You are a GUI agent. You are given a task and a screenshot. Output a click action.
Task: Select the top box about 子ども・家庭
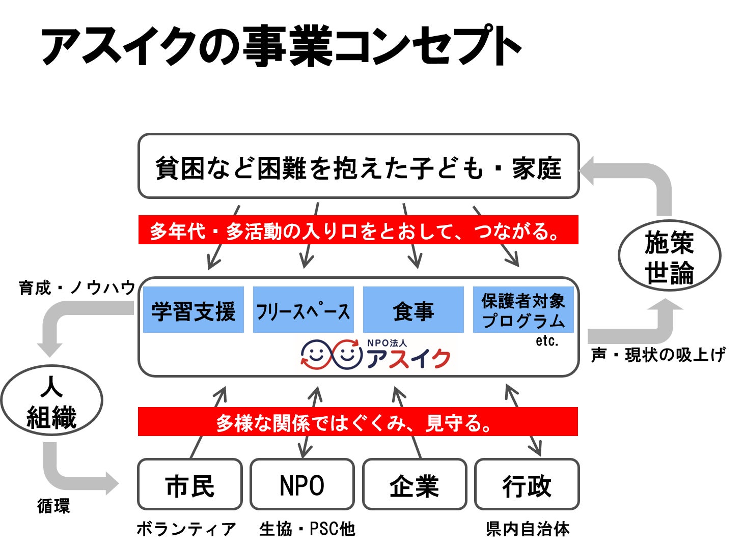tap(358, 166)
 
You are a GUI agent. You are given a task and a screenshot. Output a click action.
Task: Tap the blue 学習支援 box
tap(194, 310)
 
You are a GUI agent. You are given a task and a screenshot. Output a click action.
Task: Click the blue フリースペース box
tap(303, 310)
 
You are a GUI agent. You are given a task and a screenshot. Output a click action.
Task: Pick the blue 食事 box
tap(413, 310)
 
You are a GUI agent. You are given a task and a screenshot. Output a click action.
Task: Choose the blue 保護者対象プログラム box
tap(523, 310)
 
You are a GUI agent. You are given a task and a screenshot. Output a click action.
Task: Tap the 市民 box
tap(189, 484)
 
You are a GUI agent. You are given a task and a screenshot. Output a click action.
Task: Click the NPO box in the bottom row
tap(302, 484)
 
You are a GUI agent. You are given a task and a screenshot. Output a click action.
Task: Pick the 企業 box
tap(414, 484)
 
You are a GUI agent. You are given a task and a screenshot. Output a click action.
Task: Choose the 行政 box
tap(527, 484)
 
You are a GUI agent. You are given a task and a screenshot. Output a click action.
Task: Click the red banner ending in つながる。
tap(358, 230)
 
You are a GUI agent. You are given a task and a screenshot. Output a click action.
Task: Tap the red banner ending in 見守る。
tap(357, 422)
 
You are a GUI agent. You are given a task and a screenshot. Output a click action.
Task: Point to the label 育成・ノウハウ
tap(77, 288)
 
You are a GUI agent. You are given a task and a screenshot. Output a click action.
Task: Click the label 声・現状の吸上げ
tap(658, 355)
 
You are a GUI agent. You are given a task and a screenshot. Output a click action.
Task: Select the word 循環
tap(53, 506)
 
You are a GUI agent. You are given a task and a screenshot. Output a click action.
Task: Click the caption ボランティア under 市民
tap(186, 529)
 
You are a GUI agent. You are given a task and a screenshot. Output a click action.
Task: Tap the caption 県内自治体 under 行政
tap(528, 529)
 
